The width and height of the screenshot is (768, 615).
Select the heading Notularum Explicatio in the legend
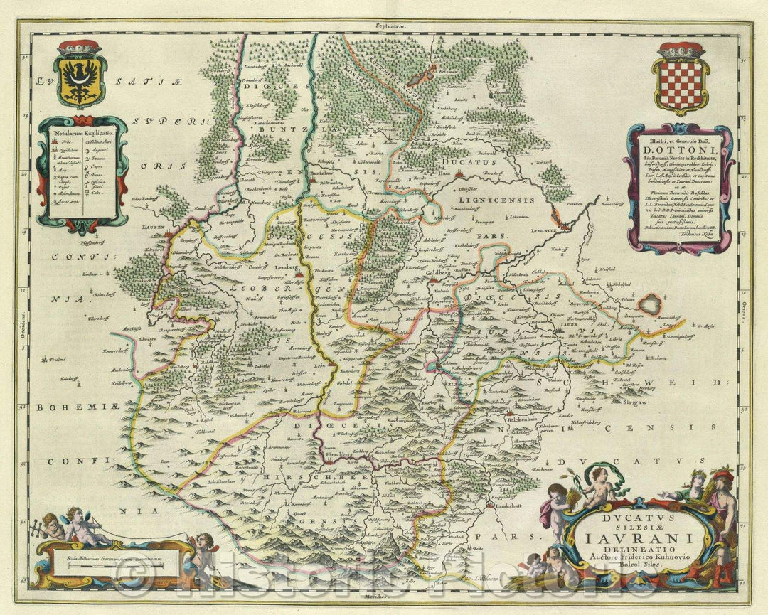[x=80, y=132]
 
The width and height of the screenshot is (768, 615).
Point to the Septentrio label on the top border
[x=390, y=26]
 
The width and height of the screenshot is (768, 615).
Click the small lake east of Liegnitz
[x=649, y=305]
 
